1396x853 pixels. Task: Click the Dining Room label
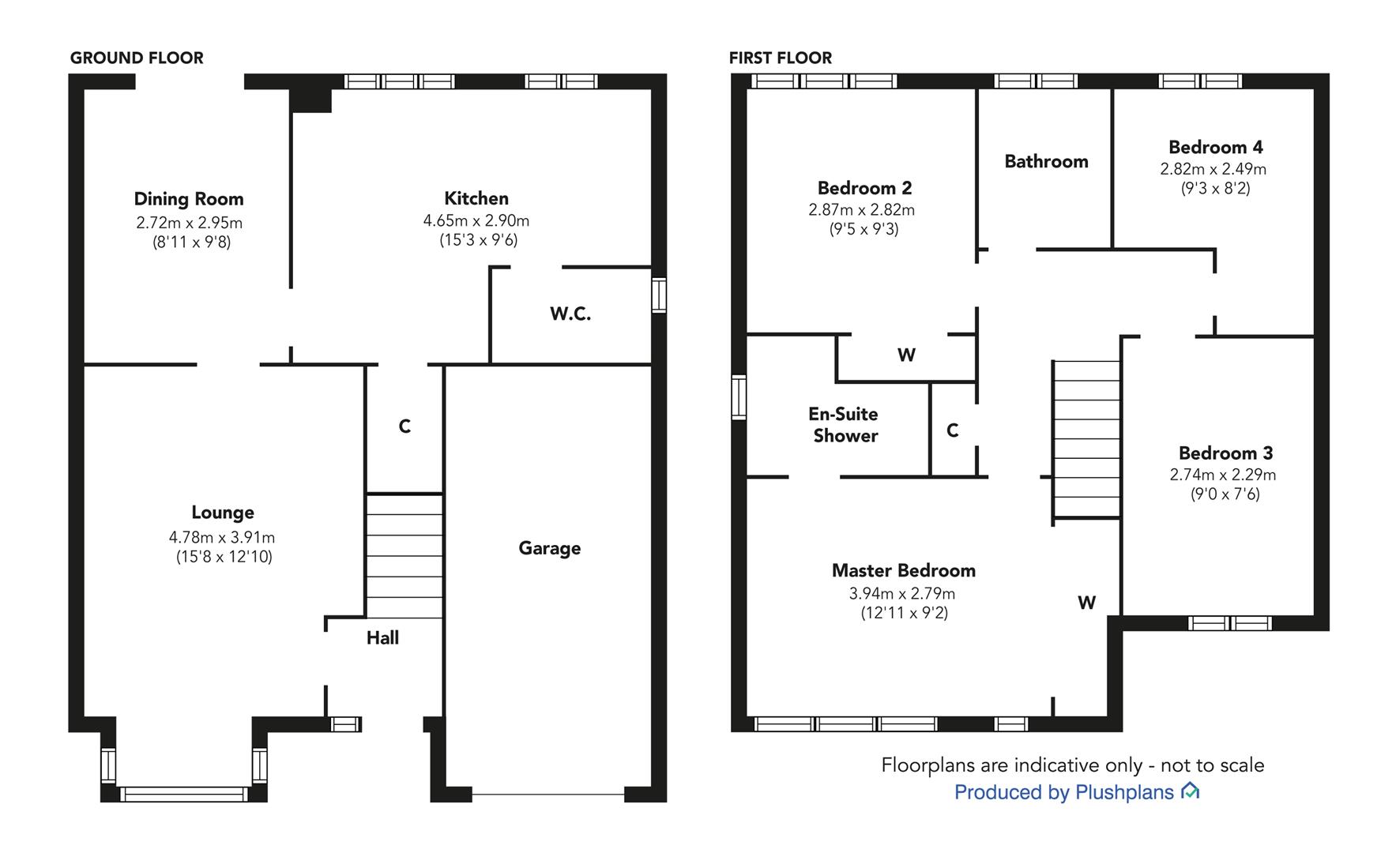189,199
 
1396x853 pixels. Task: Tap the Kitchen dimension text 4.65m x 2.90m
476,221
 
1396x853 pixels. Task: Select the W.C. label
570,314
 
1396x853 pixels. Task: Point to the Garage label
550,548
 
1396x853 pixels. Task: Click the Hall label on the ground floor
382,638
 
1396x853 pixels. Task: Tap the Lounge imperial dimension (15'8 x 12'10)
224,557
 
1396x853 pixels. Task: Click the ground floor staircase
405,556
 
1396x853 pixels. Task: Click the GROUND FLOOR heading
137,58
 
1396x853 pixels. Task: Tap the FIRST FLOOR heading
781,58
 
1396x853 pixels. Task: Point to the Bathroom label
1047,161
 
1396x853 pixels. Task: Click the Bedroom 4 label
1216,147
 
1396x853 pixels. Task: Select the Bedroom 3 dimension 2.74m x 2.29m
1223,475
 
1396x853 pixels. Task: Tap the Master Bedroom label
904,570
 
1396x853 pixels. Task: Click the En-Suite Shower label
845,425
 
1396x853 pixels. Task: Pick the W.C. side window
659,295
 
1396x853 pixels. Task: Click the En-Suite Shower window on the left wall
739,397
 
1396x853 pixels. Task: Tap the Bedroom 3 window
1229,623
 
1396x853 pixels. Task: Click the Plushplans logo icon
1190,791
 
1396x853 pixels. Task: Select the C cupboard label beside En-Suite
953,430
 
